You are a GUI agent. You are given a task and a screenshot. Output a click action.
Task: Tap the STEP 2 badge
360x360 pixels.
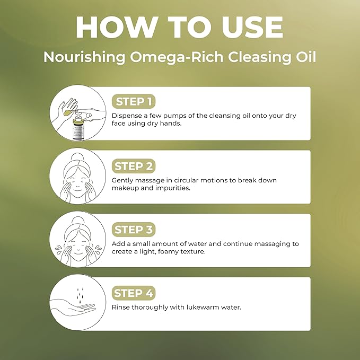[134, 166]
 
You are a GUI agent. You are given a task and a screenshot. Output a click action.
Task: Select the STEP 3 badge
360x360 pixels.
[134, 230]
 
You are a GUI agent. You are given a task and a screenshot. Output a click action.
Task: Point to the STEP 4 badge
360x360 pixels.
[134, 293]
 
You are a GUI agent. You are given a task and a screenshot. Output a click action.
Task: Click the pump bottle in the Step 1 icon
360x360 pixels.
[78, 127]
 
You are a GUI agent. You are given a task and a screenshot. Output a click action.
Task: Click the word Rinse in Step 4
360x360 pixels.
[121, 307]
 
